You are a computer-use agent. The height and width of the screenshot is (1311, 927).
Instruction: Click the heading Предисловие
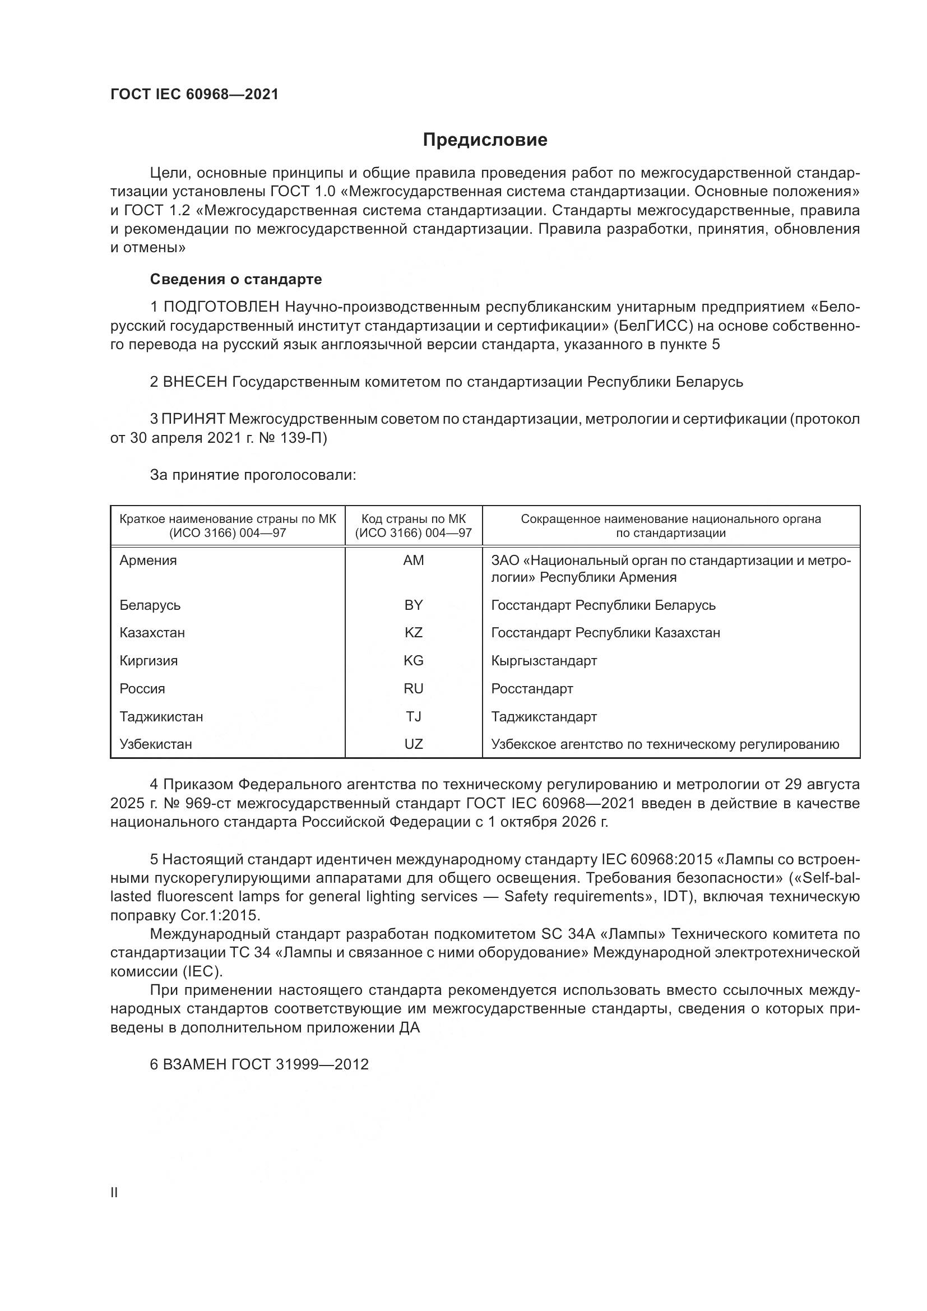(485, 140)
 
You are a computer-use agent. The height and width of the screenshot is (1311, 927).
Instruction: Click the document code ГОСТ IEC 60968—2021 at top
(194, 94)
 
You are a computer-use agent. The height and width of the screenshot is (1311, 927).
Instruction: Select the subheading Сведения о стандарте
(236, 279)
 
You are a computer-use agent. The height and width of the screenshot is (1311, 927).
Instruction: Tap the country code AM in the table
(413, 560)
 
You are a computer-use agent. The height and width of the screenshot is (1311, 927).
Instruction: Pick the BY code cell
(413, 605)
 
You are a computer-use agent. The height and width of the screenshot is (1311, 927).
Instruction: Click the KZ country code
(413, 633)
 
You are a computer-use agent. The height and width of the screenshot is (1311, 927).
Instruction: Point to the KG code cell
(413, 661)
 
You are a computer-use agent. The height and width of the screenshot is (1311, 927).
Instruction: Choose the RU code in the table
(413, 689)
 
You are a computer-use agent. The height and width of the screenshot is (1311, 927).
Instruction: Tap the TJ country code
(413, 717)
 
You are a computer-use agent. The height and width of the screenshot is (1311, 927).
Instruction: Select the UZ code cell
(413, 744)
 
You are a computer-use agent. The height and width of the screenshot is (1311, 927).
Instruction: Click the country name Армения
(148, 560)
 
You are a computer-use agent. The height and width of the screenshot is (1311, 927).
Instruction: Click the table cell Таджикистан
(161, 717)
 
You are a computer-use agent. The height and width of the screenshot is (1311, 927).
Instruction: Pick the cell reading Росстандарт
(531, 689)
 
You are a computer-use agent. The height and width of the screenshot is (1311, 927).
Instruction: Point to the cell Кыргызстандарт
(544, 661)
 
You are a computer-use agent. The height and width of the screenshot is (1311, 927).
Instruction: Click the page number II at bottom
(114, 1193)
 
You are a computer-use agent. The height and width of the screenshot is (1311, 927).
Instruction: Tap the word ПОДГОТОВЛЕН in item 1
(221, 307)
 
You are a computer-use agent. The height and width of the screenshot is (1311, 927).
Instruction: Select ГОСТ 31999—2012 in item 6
(322, 1064)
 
